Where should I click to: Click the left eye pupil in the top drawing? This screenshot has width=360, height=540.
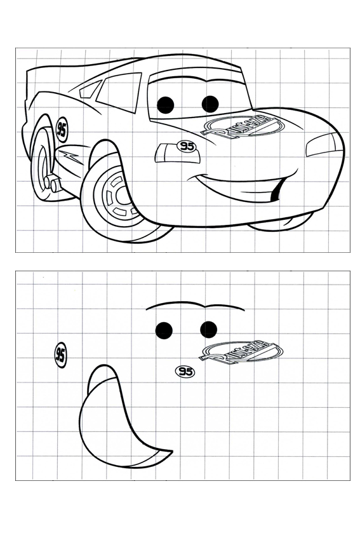point(166,104)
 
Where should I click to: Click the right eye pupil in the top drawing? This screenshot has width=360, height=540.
point(210,104)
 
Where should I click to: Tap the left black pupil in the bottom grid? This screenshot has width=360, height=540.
point(164,329)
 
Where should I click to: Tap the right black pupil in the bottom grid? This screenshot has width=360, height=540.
point(209,328)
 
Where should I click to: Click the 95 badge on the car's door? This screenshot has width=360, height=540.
point(61,131)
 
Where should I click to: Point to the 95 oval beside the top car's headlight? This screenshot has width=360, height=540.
point(186,147)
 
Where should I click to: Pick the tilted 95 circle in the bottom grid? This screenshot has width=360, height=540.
point(60,354)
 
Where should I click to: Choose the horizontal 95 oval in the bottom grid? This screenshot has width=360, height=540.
point(185,372)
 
